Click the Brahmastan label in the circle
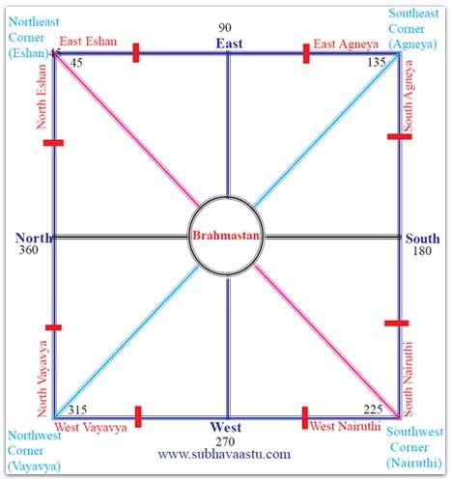coord(226,236)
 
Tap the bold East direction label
coord(229,43)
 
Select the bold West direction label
coord(226,427)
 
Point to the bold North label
coord(34,238)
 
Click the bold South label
coord(422,239)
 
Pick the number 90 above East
coord(225,28)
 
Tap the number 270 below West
coord(225,441)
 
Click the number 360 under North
coord(29,250)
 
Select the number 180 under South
coord(422,250)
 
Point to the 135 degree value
coord(377,62)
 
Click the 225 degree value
coord(373,410)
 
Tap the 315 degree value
coord(77,410)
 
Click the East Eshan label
coord(88,42)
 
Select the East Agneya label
coord(346,44)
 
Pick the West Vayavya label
coord(91,428)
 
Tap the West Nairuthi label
coord(345,426)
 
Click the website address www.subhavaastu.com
coord(224,454)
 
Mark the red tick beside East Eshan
coord(136,53)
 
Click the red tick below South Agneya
coord(400,137)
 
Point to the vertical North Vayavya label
coord(42,379)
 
